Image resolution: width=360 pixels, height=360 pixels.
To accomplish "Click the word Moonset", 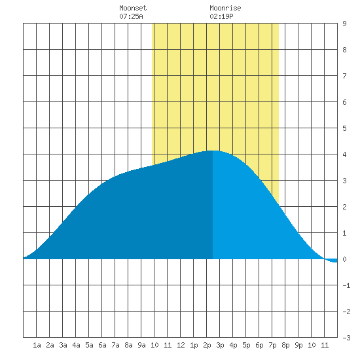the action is click(x=133, y=8).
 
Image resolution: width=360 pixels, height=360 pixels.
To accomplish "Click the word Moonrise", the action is click(x=225, y=8).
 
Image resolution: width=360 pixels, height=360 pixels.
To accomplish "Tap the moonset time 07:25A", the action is click(x=131, y=16).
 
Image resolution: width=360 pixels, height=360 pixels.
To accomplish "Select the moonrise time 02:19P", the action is click(x=221, y=16).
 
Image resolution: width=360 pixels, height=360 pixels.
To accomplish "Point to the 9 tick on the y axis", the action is click(x=344, y=24).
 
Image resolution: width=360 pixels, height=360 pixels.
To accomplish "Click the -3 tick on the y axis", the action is click(x=346, y=338).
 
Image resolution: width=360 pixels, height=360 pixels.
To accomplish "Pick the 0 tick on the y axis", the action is click(x=344, y=259).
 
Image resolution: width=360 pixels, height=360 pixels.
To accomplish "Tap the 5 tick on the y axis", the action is click(x=344, y=128).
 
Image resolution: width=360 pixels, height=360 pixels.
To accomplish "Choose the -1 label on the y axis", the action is click(x=346, y=285).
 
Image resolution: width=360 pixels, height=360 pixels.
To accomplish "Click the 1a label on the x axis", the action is click(x=37, y=345).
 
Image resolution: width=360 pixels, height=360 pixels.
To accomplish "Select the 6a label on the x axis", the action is click(x=102, y=345).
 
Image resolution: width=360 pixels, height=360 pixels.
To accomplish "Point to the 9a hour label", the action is click(x=141, y=345).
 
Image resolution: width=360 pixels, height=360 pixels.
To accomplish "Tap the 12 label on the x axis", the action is click(x=181, y=345).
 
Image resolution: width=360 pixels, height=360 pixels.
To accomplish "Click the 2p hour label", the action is click(x=207, y=345).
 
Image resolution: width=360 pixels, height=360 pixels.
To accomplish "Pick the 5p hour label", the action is click(x=246, y=345).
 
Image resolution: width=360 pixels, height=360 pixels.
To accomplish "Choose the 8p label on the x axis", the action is click(x=285, y=345).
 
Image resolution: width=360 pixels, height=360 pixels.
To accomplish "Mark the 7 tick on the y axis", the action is click(x=344, y=76).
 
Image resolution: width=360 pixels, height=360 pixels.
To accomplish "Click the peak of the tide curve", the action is click(x=213, y=151).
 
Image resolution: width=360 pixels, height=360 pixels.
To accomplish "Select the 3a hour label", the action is click(x=63, y=345).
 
